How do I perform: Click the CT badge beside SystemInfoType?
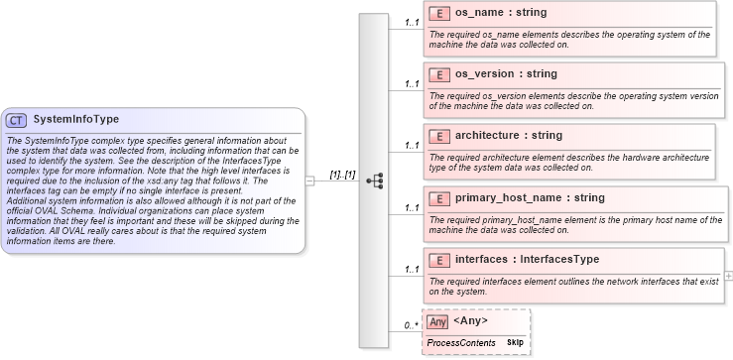pos(16,120)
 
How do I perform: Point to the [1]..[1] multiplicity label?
pos(342,175)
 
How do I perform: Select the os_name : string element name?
pos(499,14)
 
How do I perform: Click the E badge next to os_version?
pos(437,74)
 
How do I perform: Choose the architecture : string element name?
pos(508,135)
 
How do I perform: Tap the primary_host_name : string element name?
pos(529,197)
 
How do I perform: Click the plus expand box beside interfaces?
pos(729,274)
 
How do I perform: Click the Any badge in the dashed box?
pos(437,321)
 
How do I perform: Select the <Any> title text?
pos(470,321)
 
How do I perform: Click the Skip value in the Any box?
pos(516,342)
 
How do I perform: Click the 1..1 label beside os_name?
pos(411,21)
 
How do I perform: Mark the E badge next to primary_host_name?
pos(437,197)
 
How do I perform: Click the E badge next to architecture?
pos(437,136)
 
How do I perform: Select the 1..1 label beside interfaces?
pos(411,269)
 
